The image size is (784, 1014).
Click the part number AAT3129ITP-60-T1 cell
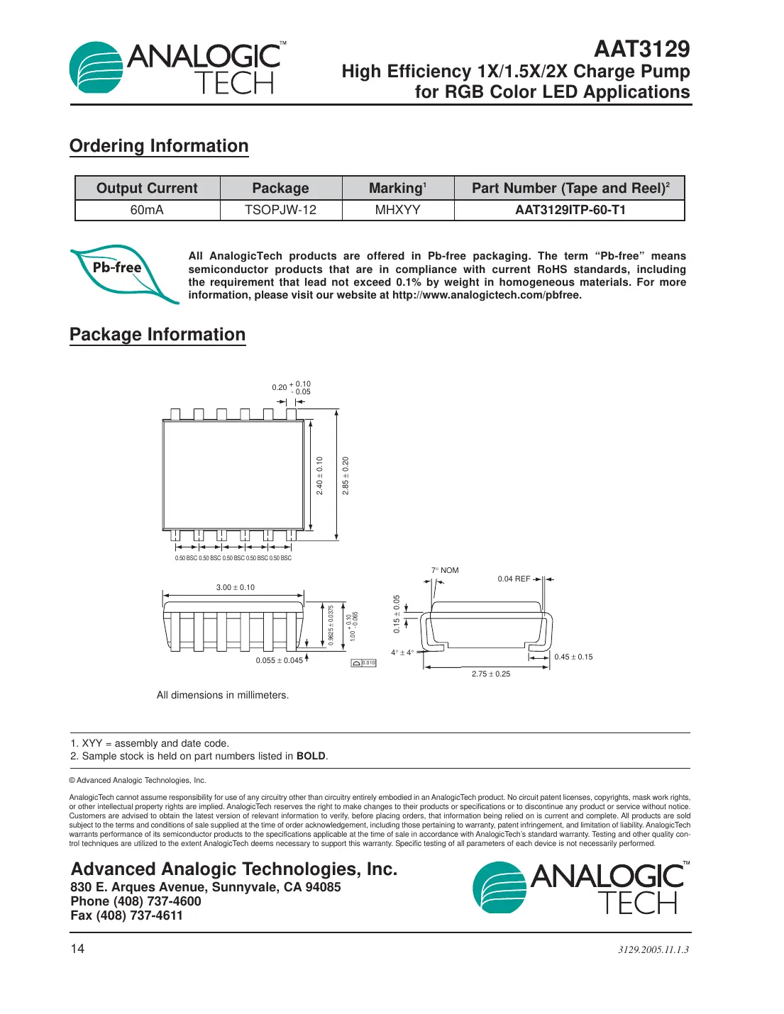coord(570,210)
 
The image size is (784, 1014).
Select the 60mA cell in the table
coord(147,210)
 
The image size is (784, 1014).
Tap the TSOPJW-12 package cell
coord(280,210)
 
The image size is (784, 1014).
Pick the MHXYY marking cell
coord(397,210)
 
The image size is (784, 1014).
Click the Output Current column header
coord(147,188)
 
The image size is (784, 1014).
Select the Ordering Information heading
coord(159,146)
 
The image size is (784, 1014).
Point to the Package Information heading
coord(158,335)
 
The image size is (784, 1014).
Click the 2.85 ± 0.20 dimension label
coord(346,475)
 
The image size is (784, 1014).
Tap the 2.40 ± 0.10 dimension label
coord(319,475)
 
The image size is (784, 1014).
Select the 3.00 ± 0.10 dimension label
coord(235,587)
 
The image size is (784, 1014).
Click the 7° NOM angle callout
coord(445,570)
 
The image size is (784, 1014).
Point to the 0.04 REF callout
coord(514,579)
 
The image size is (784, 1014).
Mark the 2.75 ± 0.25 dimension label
coord(491,674)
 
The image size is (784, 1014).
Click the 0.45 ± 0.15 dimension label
coord(573,657)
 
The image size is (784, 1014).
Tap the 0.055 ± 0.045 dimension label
coord(279,660)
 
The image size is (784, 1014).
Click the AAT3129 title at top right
coord(641,49)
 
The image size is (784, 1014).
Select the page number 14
coord(77,949)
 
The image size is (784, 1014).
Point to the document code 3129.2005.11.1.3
coord(653,949)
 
